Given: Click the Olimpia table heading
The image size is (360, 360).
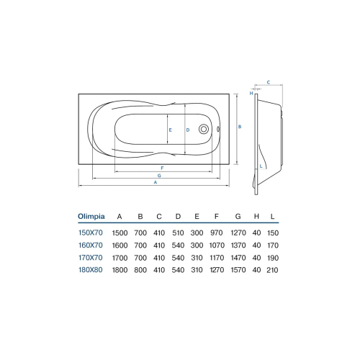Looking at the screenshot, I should pos(91,215).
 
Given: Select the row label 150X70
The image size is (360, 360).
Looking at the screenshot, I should pos(91,233).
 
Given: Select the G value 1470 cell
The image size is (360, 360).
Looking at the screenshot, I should pos(237,257).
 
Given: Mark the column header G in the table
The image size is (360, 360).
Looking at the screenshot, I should pos(237,215).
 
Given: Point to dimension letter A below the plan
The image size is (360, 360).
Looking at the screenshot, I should pos(156,182).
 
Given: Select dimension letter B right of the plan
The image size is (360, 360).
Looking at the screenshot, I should pos(239,127).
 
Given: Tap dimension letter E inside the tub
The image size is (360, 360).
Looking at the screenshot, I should pos(169,130).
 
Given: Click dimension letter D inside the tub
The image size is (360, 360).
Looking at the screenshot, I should pos(187,130).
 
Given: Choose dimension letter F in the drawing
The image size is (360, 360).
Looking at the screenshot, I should pos(163,168).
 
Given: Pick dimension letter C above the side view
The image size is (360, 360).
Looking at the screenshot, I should pos(268,83).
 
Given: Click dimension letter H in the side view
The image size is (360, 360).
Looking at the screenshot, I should pos(251,93).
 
